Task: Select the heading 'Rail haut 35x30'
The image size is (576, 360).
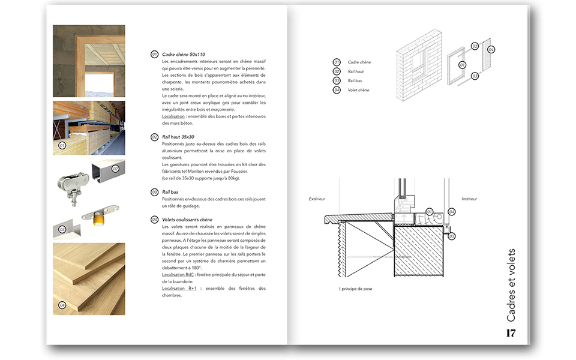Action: [x=178, y=137]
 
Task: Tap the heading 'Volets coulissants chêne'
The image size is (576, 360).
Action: [x=187, y=220]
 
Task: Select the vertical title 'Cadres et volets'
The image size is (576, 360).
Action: [x=511, y=285]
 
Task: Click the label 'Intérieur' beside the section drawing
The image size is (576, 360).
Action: [x=469, y=199]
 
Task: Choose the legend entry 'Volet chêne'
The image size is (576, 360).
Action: [x=358, y=90]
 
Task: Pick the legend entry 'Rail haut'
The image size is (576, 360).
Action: [x=356, y=71]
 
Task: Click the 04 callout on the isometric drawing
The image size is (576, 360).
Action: [x=491, y=49]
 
